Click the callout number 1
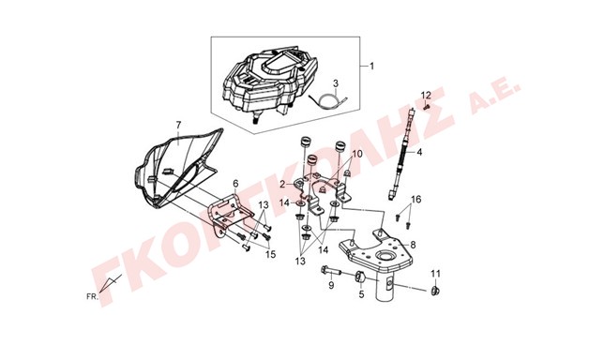(371, 67)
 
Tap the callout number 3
(336, 83)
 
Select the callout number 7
(178, 125)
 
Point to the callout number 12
(426, 95)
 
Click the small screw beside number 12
(426, 108)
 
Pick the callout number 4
(419, 153)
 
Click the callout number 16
(416, 200)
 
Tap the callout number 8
(413, 245)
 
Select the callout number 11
(435, 274)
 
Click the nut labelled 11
(436, 291)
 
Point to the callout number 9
(331, 285)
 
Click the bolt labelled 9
(330, 272)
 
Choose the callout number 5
(361, 294)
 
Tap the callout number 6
(235, 183)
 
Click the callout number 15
(271, 254)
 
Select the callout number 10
(357, 154)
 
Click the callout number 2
(282, 185)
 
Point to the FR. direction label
(92, 296)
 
